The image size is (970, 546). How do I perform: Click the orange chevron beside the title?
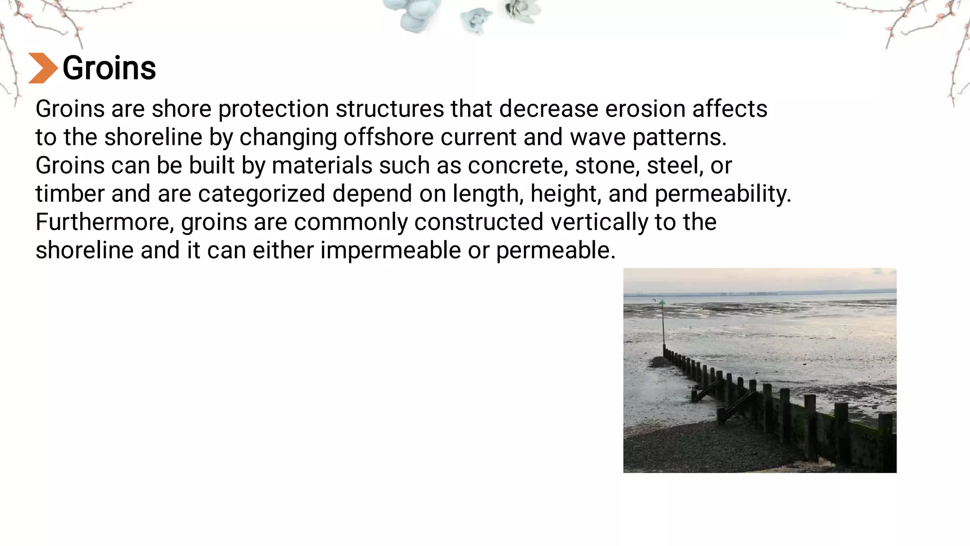pyautogui.click(x=43, y=68)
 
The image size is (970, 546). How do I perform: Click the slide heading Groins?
pyautogui.click(x=109, y=68)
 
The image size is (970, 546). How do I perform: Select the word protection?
pyautogui.click(x=273, y=109)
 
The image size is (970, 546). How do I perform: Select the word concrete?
pyautogui.click(x=518, y=166)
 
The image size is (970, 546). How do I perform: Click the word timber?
pyautogui.click(x=70, y=194)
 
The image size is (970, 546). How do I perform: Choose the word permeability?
pyautogui.click(x=723, y=194)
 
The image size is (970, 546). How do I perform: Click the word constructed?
pyautogui.click(x=478, y=222)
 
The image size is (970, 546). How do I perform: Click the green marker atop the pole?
pyautogui.click(x=662, y=302)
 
